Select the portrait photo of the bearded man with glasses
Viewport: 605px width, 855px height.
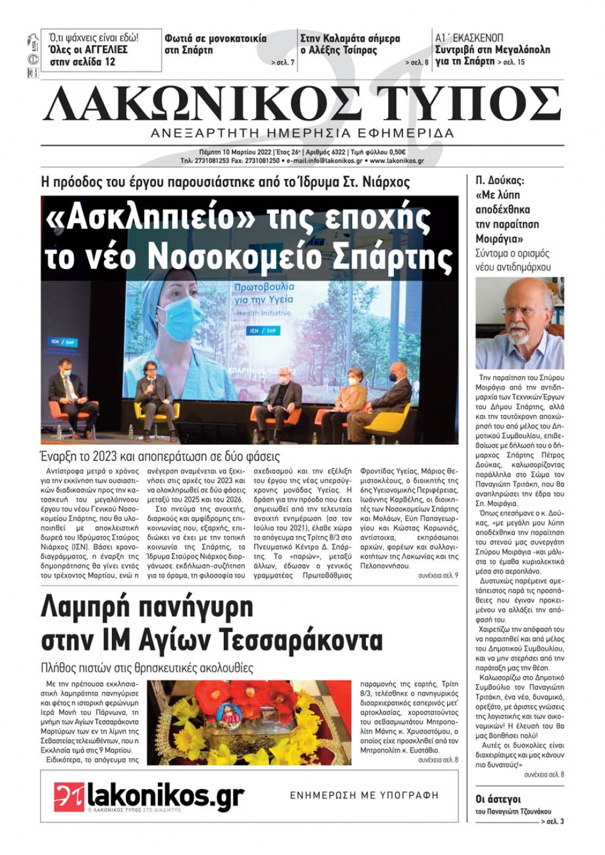[520, 323]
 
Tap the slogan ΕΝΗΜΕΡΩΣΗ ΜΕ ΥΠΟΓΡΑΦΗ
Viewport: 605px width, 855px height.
[364, 795]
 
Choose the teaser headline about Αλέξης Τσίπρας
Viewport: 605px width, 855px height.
[350, 45]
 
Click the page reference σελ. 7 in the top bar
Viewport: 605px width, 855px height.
[283, 62]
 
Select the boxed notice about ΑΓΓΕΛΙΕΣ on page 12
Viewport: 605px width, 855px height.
[101, 50]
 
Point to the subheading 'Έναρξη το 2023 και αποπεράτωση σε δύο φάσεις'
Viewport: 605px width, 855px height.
[160, 456]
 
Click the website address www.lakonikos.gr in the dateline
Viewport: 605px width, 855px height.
[396, 161]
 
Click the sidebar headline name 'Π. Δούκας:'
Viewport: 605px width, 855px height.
[500, 181]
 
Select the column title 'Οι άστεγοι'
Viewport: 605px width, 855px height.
[498, 799]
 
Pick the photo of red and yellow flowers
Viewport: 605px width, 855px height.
[249, 722]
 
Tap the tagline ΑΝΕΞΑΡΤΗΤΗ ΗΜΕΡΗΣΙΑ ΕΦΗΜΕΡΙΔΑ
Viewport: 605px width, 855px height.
[302, 133]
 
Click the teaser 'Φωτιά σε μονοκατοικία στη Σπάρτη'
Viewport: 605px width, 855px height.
[215, 44]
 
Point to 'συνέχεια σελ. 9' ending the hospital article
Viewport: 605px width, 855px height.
[438, 576]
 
